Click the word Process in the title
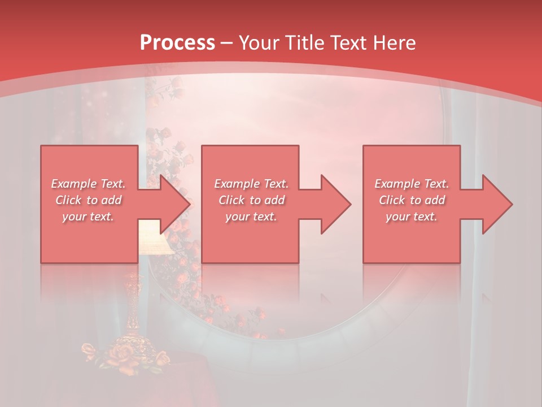tap(177, 42)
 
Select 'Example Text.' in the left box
tap(88, 184)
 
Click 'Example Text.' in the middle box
tap(251, 184)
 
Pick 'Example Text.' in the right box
tap(412, 184)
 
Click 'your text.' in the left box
tap(88, 217)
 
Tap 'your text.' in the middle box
tap(251, 217)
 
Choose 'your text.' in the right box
tap(412, 217)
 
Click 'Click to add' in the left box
tap(88, 200)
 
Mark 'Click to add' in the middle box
tap(251, 200)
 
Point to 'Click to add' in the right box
tap(412, 200)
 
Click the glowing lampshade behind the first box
tap(154, 240)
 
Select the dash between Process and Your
tap(227, 43)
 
